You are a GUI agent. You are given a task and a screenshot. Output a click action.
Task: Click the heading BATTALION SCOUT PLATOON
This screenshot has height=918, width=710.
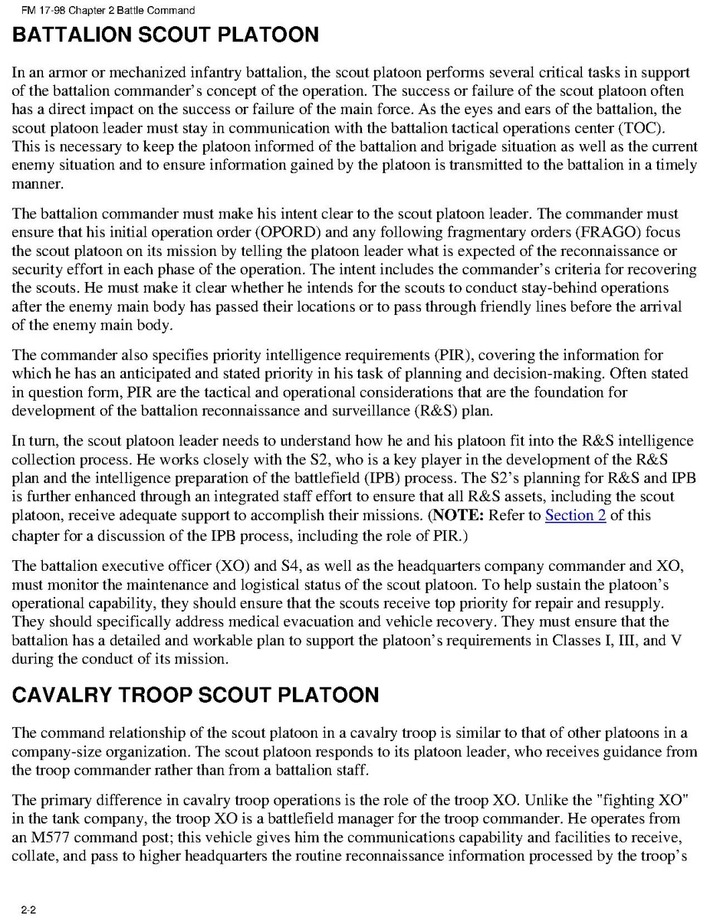pos(165,35)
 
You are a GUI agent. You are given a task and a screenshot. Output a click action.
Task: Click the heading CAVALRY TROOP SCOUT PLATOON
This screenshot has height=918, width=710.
pos(196,695)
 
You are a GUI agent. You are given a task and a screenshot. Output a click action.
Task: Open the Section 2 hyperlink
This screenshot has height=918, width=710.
pos(575,515)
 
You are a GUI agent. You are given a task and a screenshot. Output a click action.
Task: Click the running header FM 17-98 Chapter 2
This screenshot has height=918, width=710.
pos(103,11)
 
